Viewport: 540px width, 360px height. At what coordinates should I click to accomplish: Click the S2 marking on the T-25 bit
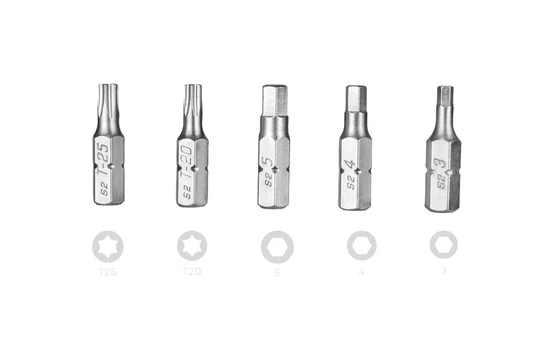click(105, 189)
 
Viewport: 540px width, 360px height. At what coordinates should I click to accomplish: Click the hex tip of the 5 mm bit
click(274, 100)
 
